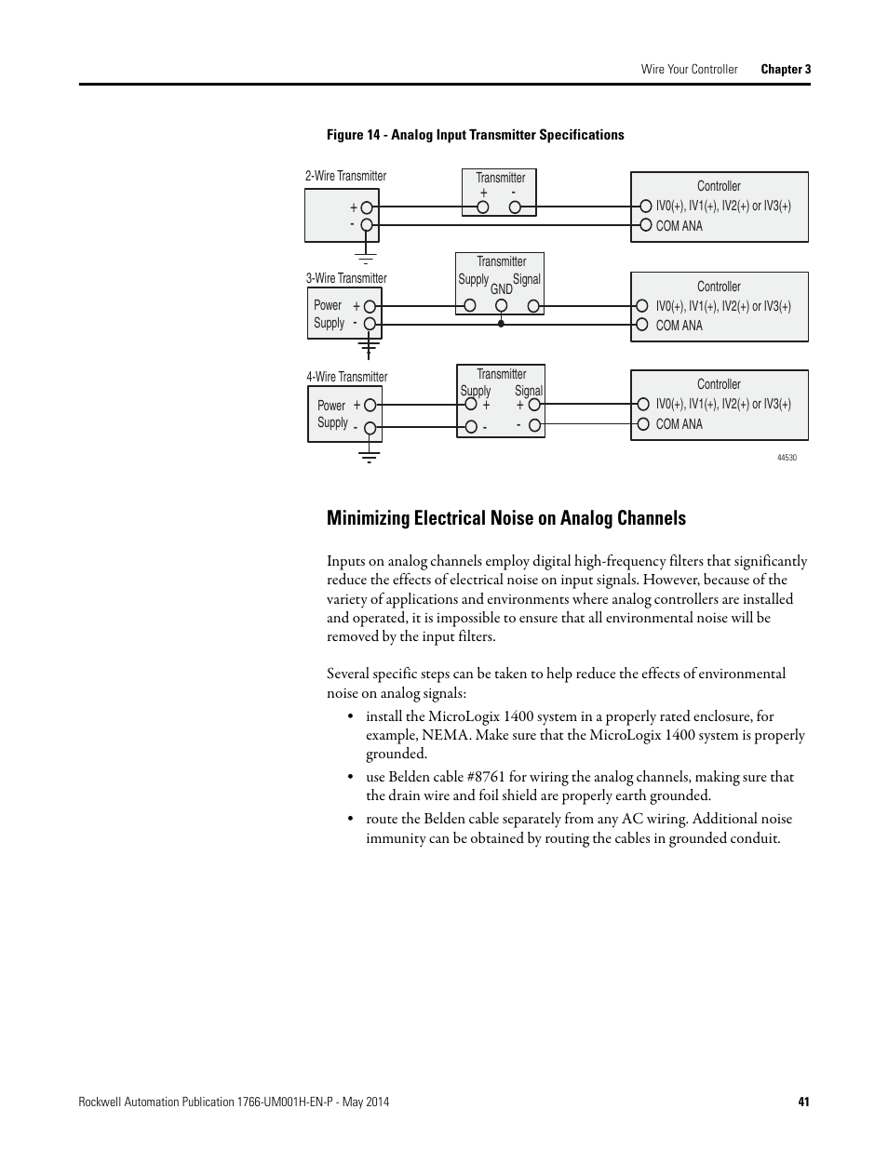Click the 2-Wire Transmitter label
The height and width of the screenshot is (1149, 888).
pyautogui.click(x=345, y=176)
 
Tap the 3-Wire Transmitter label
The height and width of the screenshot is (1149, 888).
pyautogui.click(x=346, y=278)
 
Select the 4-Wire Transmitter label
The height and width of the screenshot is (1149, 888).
pyautogui.click(x=347, y=377)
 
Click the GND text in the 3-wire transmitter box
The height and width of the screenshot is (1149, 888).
pyautogui.click(x=502, y=289)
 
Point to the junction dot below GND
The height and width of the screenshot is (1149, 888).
pyautogui.click(x=502, y=324)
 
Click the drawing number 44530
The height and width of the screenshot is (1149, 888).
pyautogui.click(x=787, y=458)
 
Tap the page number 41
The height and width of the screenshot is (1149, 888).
pyautogui.click(x=803, y=1102)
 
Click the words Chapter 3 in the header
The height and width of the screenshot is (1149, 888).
pyautogui.click(x=786, y=69)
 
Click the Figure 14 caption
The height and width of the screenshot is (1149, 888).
pyautogui.click(x=475, y=135)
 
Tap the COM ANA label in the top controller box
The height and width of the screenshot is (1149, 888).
pyautogui.click(x=679, y=226)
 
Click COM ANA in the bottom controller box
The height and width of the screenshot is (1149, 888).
pyautogui.click(x=679, y=424)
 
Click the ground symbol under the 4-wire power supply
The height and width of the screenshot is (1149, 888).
pyautogui.click(x=370, y=455)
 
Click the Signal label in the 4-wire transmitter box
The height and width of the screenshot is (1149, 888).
pyautogui.click(x=528, y=391)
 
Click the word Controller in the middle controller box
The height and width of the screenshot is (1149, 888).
pyautogui.click(x=719, y=287)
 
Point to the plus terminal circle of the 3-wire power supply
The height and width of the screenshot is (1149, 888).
pyautogui.click(x=370, y=306)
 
